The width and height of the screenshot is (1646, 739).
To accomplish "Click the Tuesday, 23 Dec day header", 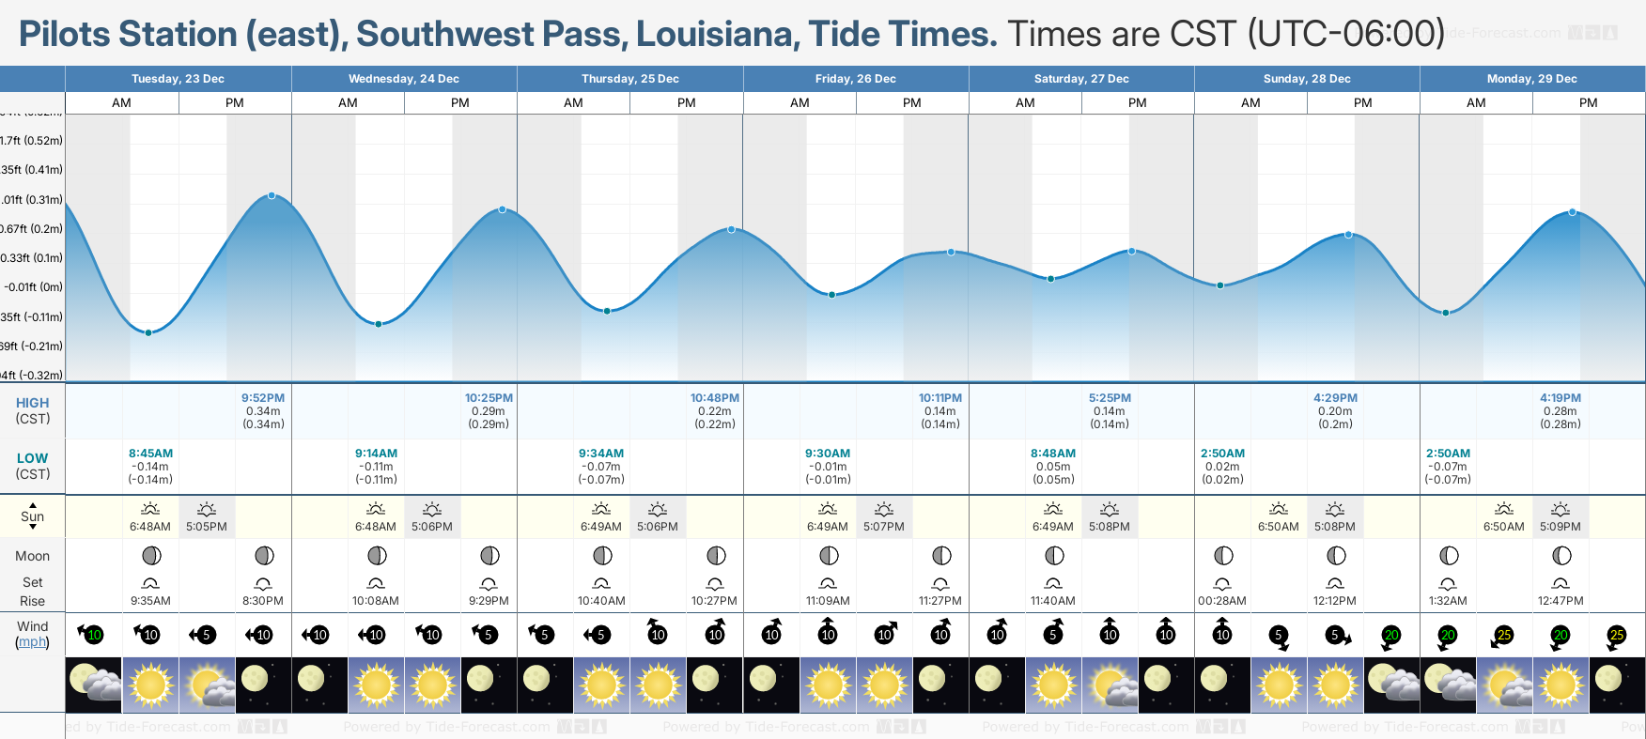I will (x=178, y=79).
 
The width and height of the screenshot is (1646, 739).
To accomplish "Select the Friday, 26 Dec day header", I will (x=855, y=79).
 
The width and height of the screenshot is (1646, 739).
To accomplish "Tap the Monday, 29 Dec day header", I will (x=1531, y=79).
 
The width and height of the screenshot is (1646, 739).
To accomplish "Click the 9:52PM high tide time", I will (x=263, y=398).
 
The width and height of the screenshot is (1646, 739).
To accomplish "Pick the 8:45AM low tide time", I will (x=150, y=454).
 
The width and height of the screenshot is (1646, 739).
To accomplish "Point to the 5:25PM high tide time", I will (x=1110, y=398).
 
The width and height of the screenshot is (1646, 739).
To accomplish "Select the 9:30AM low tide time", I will (x=828, y=454).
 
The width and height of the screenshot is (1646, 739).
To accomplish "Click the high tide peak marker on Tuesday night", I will (x=272, y=195).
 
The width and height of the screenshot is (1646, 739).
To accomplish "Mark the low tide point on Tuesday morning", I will (x=148, y=332).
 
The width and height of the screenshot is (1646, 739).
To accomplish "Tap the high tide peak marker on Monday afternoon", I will (x=1572, y=212).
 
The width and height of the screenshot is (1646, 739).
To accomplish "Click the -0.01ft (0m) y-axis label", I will (x=33, y=287).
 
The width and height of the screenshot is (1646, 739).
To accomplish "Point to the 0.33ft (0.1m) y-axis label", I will (x=32, y=258).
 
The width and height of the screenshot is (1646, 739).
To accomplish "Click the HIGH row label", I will (x=32, y=403).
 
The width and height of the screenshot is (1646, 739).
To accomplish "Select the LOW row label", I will (x=32, y=458).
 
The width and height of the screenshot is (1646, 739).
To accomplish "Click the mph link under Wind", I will (x=32, y=641).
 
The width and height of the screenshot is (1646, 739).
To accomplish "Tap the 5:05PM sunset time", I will (x=207, y=527).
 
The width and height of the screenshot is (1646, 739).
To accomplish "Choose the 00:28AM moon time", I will (x=1222, y=601).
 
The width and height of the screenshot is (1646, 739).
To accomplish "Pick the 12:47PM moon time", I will (x=1561, y=601).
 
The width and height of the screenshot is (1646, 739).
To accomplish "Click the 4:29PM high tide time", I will (x=1335, y=398).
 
